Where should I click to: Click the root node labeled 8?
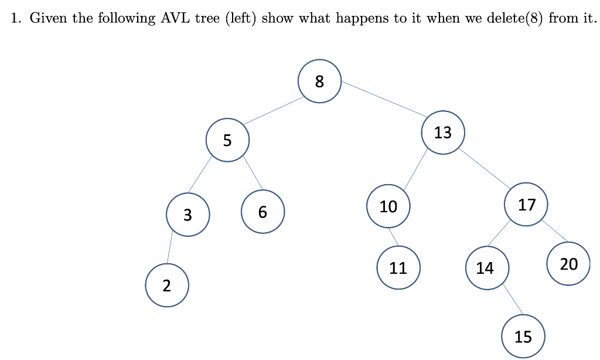point(319,81)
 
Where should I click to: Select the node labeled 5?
point(227,140)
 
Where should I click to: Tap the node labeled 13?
point(443,133)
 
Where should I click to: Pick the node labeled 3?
point(187,215)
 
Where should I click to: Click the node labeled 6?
point(262,212)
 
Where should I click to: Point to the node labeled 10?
point(388,206)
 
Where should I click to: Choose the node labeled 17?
point(527,204)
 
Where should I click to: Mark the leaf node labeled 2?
point(167,286)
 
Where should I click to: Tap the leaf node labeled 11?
point(398,268)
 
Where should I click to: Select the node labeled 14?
point(485,268)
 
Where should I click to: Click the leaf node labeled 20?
point(568,264)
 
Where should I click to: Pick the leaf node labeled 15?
point(523,337)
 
